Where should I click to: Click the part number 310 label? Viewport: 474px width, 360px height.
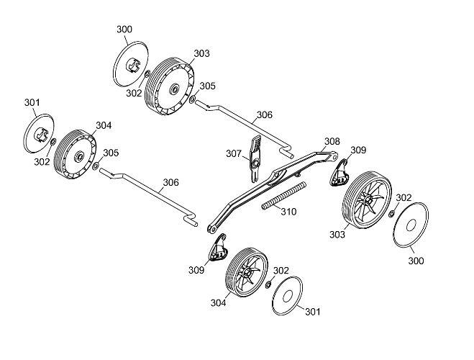click(288, 212)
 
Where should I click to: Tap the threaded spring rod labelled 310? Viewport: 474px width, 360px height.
click(284, 195)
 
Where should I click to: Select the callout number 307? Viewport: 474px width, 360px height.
click(234, 153)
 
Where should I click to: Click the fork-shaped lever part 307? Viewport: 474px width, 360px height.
click(255, 159)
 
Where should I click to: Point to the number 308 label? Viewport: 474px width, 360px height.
click(332, 141)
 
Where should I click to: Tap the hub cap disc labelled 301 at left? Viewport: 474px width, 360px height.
click(39, 133)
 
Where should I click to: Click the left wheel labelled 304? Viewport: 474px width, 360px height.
click(75, 155)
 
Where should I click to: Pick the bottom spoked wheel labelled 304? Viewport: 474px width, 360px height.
click(247, 273)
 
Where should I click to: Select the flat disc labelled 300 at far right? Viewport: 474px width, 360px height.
click(411, 225)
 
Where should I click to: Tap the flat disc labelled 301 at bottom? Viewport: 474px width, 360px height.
click(287, 296)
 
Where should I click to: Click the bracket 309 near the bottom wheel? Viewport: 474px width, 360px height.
click(219, 248)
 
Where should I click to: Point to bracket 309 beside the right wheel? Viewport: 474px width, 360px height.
click(339, 173)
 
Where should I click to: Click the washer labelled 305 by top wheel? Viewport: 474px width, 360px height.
click(192, 99)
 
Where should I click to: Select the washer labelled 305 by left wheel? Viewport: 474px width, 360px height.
click(96, 166)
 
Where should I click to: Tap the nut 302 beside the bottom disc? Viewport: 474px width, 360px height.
click(268, 284)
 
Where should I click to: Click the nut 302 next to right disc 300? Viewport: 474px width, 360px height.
click(391, 214)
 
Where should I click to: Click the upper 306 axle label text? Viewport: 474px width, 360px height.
click(265, 115)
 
